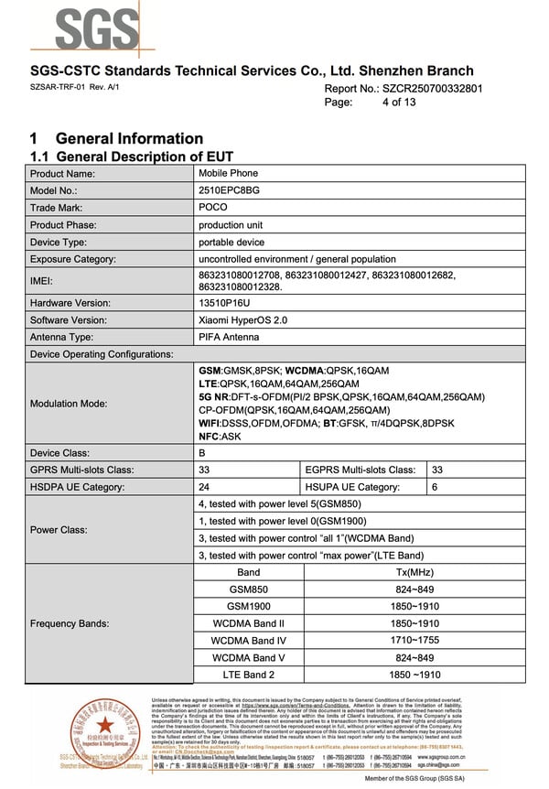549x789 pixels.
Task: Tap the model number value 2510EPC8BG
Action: tap(229, 190)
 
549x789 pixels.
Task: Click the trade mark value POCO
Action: tap(213, 208)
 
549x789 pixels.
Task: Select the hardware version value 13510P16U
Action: tap(224, 303)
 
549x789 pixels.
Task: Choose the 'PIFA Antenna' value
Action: tap(229, 338)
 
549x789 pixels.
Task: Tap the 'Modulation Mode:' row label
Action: tap(69, 403)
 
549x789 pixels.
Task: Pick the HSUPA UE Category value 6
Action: tap(435, 487)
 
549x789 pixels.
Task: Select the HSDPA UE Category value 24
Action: tap(204, 487)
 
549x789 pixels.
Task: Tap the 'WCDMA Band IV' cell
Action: tap(249, 641)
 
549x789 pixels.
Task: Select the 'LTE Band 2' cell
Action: tap(249, 675)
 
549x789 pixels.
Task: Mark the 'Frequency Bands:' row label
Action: tap(70, 623)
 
